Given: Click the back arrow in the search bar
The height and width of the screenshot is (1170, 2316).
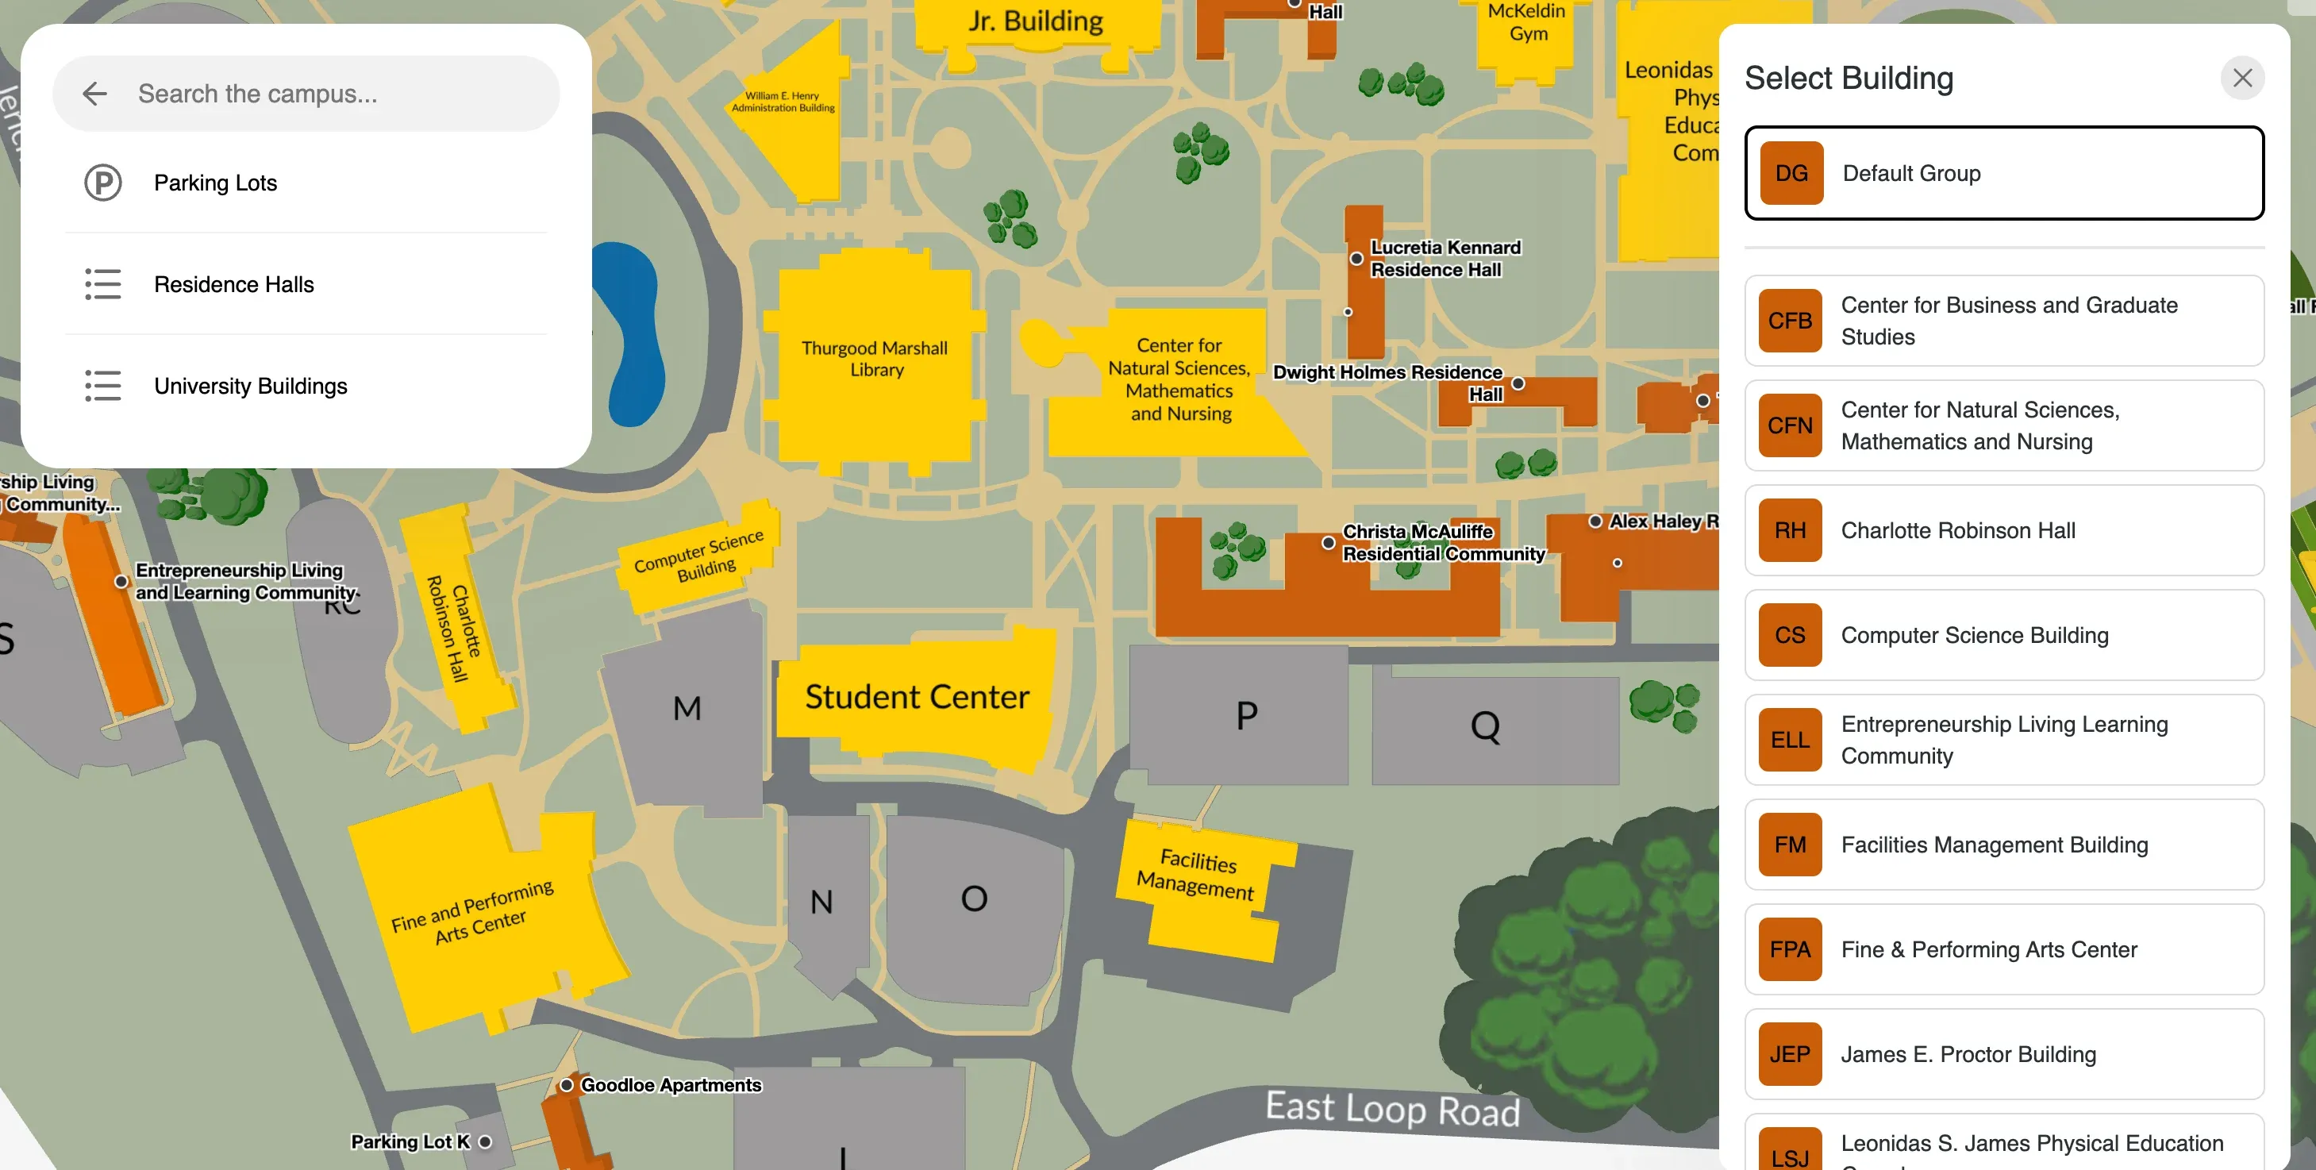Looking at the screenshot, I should [94, 94].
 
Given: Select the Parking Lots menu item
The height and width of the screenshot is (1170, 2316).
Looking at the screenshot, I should [215, 183].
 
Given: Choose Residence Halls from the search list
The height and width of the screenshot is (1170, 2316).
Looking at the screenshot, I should [234, 284].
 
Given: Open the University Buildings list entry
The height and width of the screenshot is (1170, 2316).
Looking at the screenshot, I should [250, 386].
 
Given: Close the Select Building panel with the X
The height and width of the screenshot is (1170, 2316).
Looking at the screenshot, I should [2242, 79].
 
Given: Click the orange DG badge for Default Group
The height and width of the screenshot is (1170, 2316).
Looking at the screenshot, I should [1791, 173].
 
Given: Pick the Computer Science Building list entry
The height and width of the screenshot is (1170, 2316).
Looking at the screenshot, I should [1975, 635].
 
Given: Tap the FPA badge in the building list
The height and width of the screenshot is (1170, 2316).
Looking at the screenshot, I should [1789, 949].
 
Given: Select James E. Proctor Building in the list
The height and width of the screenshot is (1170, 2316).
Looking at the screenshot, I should [1968, 1054].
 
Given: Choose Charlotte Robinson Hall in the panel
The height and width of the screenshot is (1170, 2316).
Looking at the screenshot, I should [1957, 530].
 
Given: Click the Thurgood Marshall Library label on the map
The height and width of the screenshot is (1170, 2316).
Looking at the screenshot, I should [875, 359].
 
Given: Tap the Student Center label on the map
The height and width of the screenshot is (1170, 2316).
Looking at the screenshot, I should [916, 697].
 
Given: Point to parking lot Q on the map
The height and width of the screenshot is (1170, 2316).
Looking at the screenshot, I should [1485, 726].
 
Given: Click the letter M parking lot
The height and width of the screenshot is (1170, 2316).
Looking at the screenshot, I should [687, 709].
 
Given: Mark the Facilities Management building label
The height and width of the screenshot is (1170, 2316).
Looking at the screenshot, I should [1196, 874].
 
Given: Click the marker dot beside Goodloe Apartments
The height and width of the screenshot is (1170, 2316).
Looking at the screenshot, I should [567, 1086].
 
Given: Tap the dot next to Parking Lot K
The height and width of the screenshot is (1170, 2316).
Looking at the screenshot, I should [486, 1142].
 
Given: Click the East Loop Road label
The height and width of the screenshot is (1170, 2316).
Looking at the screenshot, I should [1392, 1109].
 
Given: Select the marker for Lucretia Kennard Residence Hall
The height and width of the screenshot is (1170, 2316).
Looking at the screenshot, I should [1356, 259].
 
